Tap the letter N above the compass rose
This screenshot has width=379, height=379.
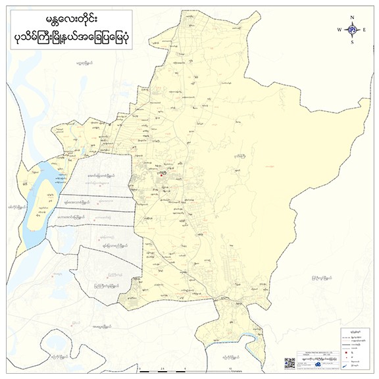tap(352, 17)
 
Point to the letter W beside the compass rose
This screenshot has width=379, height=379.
tap(340, 30)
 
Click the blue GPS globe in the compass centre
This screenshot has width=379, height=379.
tap(352, 30)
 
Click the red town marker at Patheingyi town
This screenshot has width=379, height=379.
tap(160, 175)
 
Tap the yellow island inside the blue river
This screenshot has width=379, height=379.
tap(38, 204)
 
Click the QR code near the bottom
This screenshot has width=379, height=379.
tap(290, 363)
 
